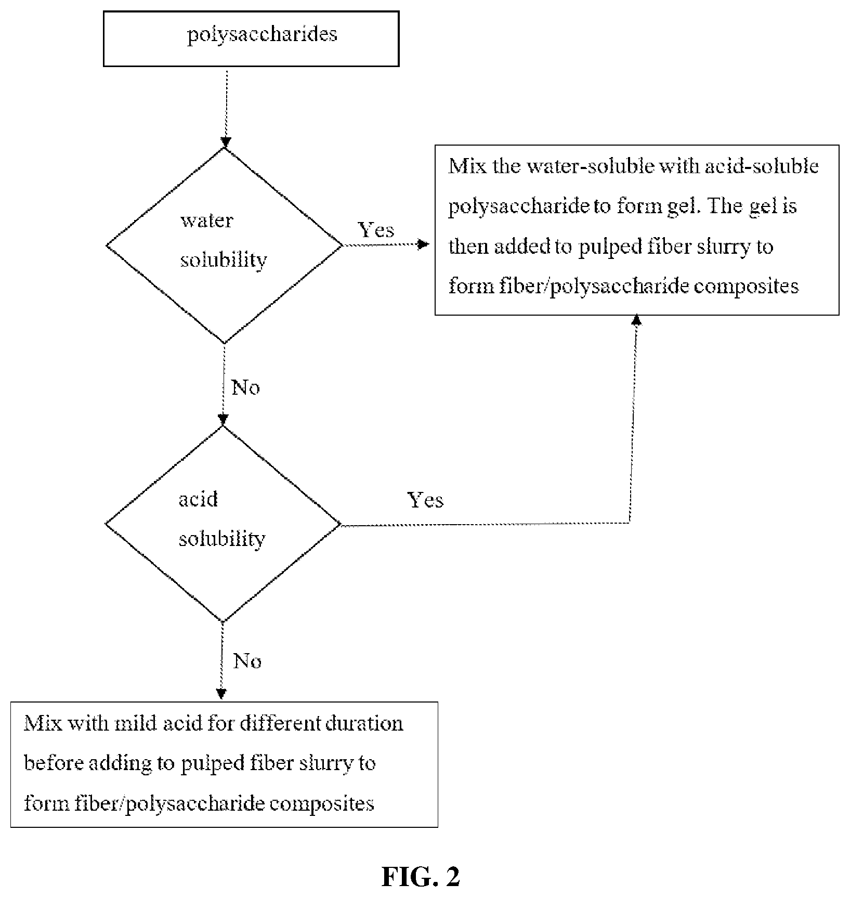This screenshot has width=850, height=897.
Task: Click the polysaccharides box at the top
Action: (x=251, y=39)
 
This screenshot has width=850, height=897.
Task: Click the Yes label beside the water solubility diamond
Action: (x=376, y=230)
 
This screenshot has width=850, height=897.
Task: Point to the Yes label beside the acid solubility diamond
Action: (x=425, y=500)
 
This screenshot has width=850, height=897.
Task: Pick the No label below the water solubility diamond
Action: (x=245, y=387)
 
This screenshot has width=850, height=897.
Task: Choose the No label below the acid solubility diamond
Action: (x=247, y=661)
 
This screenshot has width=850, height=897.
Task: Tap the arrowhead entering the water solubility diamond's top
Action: (x=225, y=142)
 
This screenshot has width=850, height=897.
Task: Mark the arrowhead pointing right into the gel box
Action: (x=424, y=244)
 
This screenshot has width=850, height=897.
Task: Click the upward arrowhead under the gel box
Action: (x=636, y=320)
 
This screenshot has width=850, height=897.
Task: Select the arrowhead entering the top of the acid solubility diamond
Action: (x=223, y=420)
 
